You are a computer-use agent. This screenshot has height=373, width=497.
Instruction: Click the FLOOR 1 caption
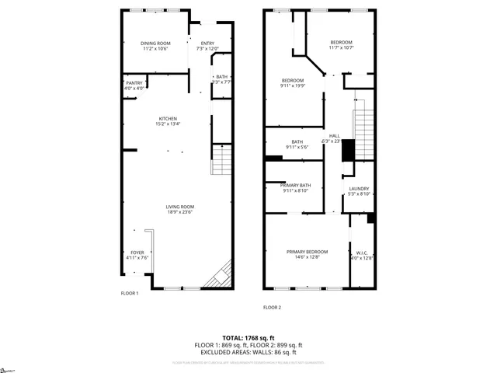[129, 293]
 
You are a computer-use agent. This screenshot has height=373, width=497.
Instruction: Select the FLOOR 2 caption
[272, 307]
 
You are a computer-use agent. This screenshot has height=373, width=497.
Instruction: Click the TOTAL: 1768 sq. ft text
[248, 337]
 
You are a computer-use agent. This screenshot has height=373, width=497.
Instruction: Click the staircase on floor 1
[222, 161]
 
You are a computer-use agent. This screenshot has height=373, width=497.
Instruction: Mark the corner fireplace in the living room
[220, 275]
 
